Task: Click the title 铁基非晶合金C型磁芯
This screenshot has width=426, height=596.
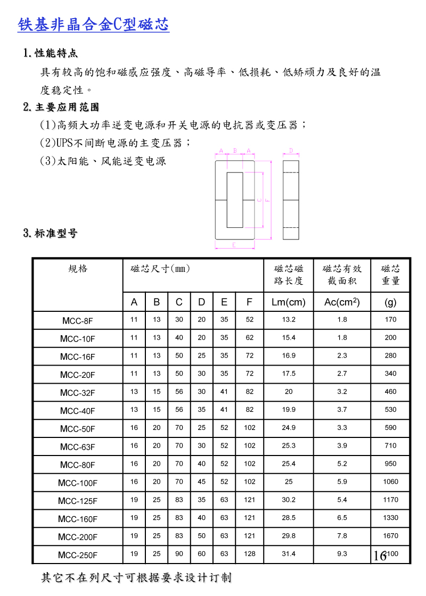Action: tap(93, 24)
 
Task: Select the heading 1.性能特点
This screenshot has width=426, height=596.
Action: tap(51, 53)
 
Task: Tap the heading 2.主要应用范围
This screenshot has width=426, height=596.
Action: tap(61, 107)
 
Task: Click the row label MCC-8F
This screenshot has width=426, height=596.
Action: tap(77, 321)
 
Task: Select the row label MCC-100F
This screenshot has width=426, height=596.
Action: tap(77, 483)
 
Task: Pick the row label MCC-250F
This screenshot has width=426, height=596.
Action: tap(77, 556)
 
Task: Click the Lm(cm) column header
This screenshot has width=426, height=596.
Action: tap(288, 302)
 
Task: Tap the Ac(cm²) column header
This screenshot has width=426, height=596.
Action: tap(342, 302)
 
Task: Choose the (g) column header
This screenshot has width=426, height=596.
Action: tap(390, 302)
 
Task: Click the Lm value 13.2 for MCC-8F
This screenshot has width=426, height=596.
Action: tap(288, 320)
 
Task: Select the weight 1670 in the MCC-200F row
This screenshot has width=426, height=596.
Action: tap(390, 536)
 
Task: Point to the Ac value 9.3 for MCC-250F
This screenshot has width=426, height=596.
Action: tap(342, 554)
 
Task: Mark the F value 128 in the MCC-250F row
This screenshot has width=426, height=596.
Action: tap(249, 554)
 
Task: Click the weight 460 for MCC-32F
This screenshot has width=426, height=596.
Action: tap(390, 392)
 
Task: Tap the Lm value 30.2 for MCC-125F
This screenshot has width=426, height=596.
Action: tap(288, 500)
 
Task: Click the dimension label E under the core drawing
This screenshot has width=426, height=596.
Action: tap(234, 245)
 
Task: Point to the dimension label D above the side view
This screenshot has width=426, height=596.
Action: tap(291, 151)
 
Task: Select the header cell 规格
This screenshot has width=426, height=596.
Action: tap(78, 269)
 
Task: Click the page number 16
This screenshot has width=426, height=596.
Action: tap(379, 557)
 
